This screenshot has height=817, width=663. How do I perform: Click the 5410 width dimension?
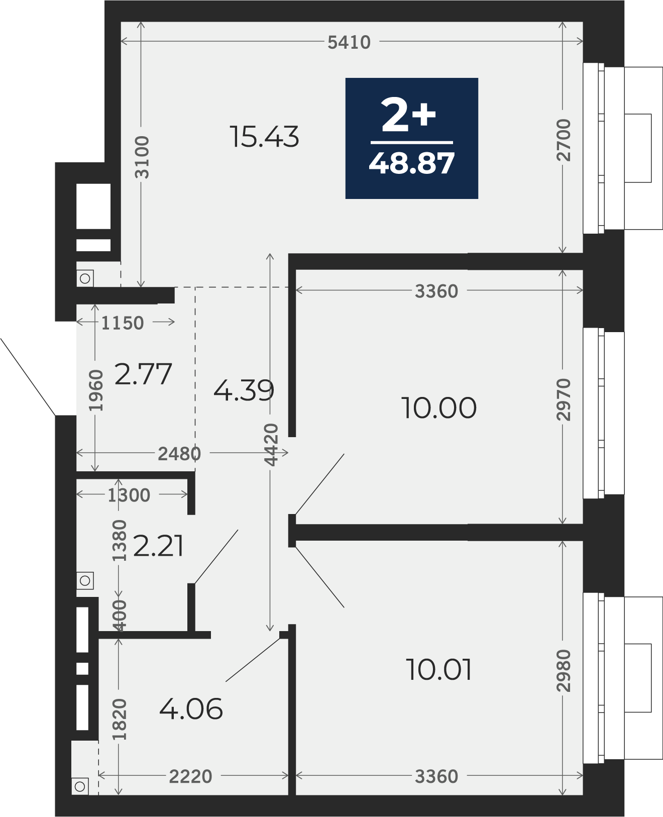click(x=349, y=42)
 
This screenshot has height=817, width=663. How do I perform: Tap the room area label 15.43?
click(x=264, y=137)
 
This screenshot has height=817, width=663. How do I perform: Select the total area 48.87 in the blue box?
click(x=411, y=163)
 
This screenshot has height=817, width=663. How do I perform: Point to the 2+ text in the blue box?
click(x=408, y=114)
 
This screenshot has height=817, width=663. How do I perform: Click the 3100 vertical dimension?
click(x=142, y=157)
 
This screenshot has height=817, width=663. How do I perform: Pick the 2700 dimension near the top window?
click(x=564, y=140)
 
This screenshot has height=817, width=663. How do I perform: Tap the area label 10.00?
click(x=438, y=407)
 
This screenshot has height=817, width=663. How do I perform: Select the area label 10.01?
click(x=438, y=670)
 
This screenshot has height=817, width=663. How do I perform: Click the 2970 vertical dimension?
click(x=564, y=399)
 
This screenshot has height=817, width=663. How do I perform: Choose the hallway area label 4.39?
click(x=244, y=390)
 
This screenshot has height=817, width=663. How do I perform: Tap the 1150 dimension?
click(x=123, y=323)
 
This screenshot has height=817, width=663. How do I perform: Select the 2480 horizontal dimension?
click(x=179, y=454)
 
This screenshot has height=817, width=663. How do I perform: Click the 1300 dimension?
click(x=129, y=495)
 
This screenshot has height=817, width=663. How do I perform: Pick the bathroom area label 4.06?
click(x=191, y=709)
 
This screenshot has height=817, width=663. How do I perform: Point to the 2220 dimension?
click(x=190, y=776)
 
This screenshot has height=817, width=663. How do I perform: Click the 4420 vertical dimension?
click(x=271, y=445)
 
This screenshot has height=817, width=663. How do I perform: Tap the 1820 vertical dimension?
click(x=119, y=719)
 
